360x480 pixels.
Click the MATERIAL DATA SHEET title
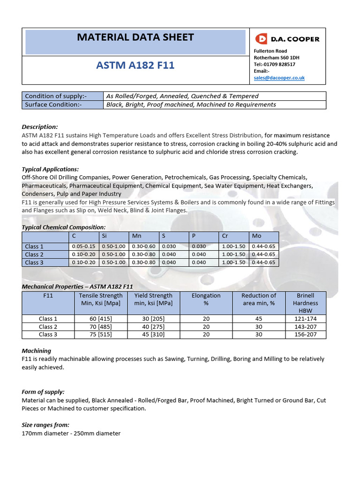click(135, 37)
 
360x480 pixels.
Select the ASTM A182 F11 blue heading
click(135, 65)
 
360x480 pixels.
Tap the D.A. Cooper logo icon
click(261, 39)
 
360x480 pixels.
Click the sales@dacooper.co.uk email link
click(279, 78)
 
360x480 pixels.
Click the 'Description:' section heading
click(40, 127)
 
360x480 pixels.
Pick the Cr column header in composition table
click(225, 236)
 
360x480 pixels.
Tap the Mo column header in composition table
click(256, 236)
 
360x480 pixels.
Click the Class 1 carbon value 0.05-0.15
click(83, 247)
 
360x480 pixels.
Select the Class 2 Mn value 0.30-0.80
click(143, 255)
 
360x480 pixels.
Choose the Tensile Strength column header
click(101, 299)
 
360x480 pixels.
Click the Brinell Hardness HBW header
click(305, 303)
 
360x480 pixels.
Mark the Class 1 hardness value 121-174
click(305, 319)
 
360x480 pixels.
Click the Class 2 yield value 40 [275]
click(153, 327)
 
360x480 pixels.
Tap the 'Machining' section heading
click(37, 351)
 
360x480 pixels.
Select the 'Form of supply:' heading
click(43, 392)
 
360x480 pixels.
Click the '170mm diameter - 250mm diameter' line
click(71, 433)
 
